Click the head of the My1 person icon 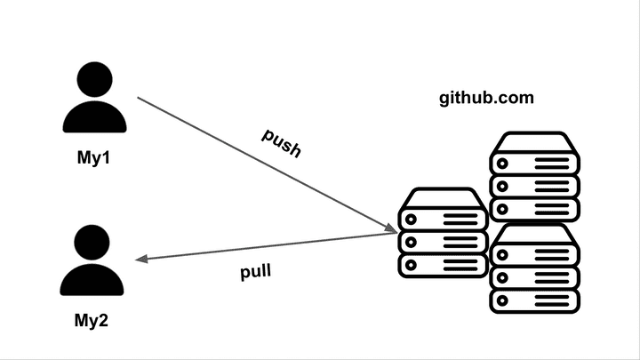click(92, 82)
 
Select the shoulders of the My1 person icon click(92, 118)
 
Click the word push click(281, 142)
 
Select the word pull click(256, 271)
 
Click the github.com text click(486, 98)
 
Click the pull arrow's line click(267, 247)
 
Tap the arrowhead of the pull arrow click(140, 260)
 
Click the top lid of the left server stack click(443, 198)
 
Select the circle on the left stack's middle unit click(412, 242)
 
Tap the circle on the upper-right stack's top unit click(504, 164)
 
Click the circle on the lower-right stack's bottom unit click(504, 299)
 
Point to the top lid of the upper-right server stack click(535, 143)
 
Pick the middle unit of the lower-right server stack click(535, 276)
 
